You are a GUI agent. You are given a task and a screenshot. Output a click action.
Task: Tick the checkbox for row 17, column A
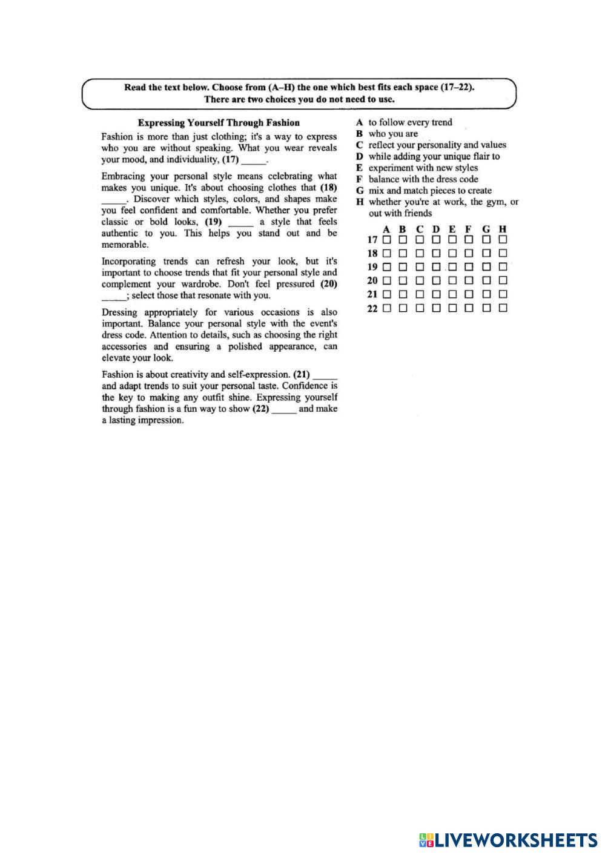click(x=386, y=240)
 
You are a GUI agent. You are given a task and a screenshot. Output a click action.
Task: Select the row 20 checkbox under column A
click(x=386, y=280)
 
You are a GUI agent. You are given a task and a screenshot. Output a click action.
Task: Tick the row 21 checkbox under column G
click(x=486, y=294)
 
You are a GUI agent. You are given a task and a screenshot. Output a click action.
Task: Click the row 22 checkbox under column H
click(x=503, y=308)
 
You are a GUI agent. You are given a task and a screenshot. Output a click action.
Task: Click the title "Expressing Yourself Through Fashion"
click(x=219, y=122)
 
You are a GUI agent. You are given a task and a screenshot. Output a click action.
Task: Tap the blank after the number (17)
click(x=254, y=161)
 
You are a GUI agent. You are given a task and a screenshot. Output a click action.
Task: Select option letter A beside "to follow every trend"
click(x=360, y=122)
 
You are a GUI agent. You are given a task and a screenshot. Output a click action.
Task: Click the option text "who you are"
click(x=393, y=134)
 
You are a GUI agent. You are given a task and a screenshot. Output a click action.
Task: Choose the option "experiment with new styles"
click(x=423, y=168)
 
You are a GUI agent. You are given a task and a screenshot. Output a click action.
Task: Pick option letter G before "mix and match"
click(x=360, y=191)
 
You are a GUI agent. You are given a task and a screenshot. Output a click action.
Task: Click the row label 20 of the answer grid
click(x=372, y=280)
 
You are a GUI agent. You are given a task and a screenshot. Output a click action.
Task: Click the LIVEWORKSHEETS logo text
click(x=515, y=840)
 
